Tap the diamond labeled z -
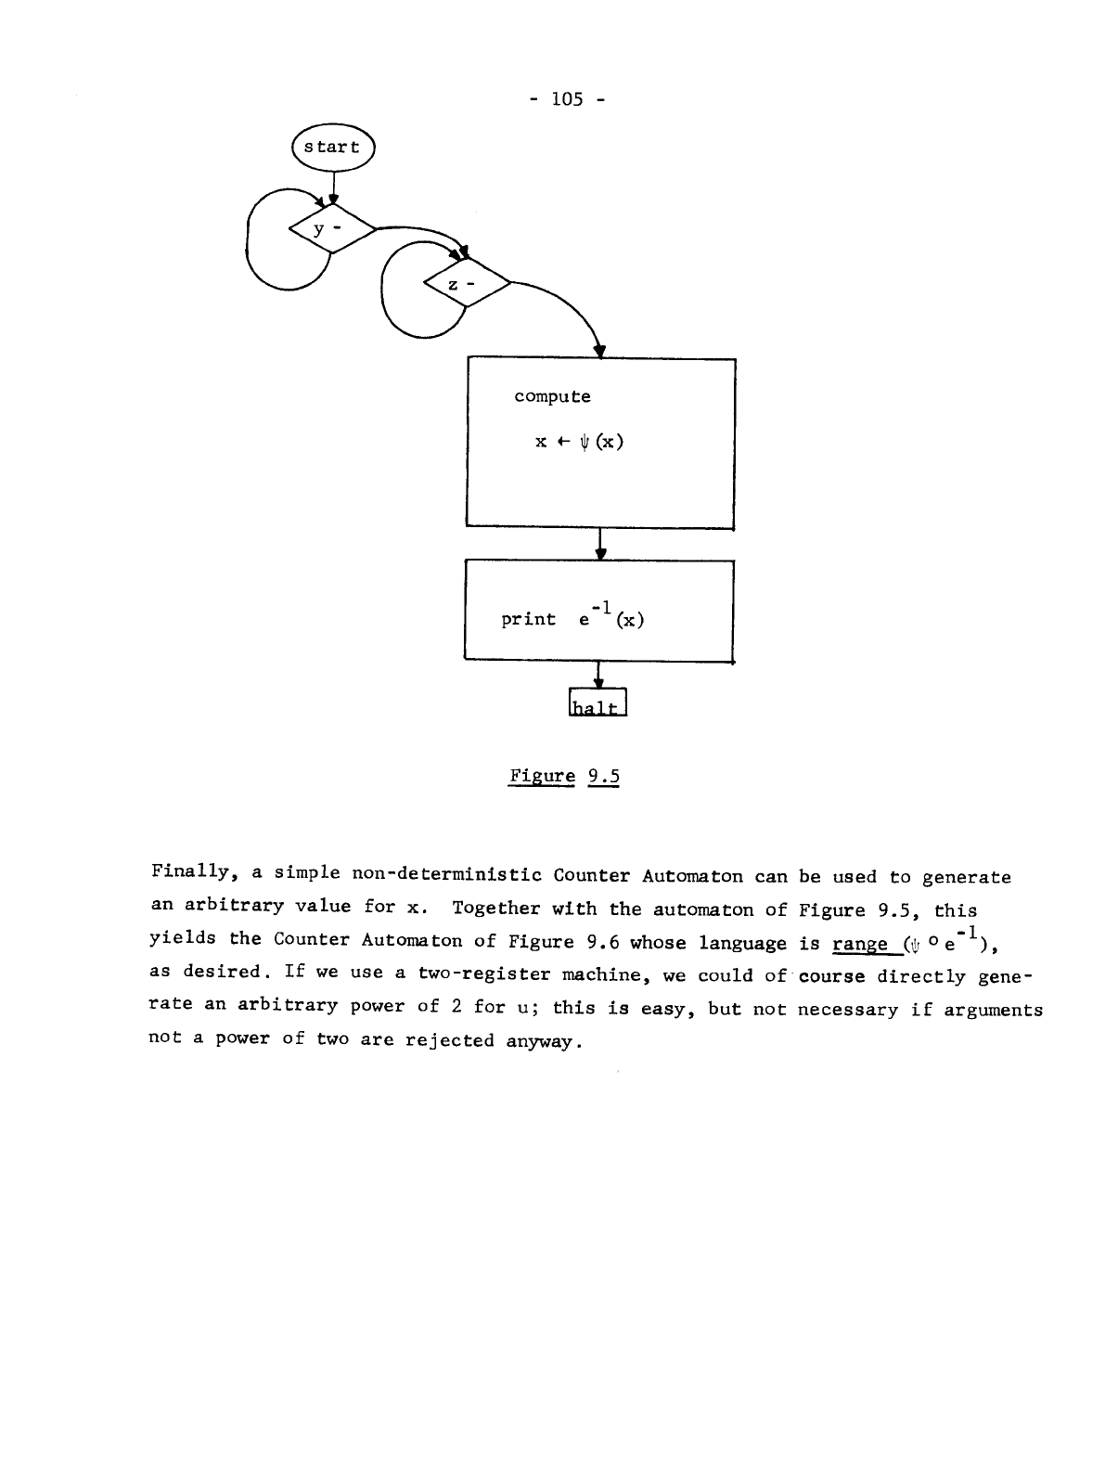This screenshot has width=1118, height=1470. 466,286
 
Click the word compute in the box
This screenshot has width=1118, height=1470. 552,396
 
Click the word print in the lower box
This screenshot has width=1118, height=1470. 528,619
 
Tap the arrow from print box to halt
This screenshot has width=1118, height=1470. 598,675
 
